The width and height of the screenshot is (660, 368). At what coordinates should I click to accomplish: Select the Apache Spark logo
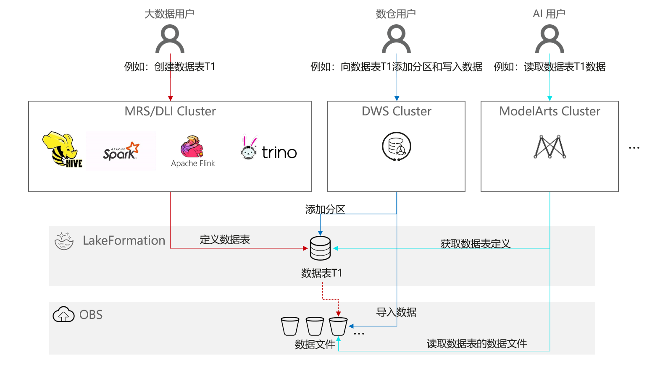click(x=121, y=151)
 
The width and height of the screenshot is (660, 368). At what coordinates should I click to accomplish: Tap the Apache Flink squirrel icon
click(x=192, y=146)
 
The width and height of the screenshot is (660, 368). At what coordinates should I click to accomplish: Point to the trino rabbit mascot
click(x=249, y=148)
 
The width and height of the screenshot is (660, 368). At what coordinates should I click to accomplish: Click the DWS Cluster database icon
click(x=396, y=146)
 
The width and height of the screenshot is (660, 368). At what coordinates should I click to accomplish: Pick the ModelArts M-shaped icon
click(x=550, y=146)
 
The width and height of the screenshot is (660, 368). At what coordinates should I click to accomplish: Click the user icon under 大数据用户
click(x=170, y=39)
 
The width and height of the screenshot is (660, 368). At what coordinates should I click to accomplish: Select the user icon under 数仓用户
click(x=396, y=39)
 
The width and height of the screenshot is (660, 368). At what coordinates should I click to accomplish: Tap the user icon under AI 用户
click(x=550, y=39)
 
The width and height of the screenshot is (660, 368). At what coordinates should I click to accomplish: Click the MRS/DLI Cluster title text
click(x=170, y=111)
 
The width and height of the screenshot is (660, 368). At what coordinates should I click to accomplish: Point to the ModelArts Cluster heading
click(x=550, y=111)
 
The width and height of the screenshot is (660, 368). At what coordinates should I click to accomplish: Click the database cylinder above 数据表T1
click(x=320, y=248)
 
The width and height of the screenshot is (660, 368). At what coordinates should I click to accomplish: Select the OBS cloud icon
click(x=63, y=314)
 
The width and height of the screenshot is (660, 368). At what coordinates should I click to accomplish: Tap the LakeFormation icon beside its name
click(x=64, y=240)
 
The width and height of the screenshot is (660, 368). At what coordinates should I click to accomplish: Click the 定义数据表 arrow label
click(x=225, y=240)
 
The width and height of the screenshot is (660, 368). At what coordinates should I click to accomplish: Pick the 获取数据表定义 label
click(x=475, y=243)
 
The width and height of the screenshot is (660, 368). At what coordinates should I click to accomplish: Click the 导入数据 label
click(x=396, y=312)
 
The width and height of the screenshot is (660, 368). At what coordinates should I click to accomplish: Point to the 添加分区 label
click(x=325, y=209)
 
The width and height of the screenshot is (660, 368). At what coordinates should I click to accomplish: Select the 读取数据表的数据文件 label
click(x=476, y=344)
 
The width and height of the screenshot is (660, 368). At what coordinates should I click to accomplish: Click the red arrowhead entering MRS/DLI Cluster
click(x=170, y=98)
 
